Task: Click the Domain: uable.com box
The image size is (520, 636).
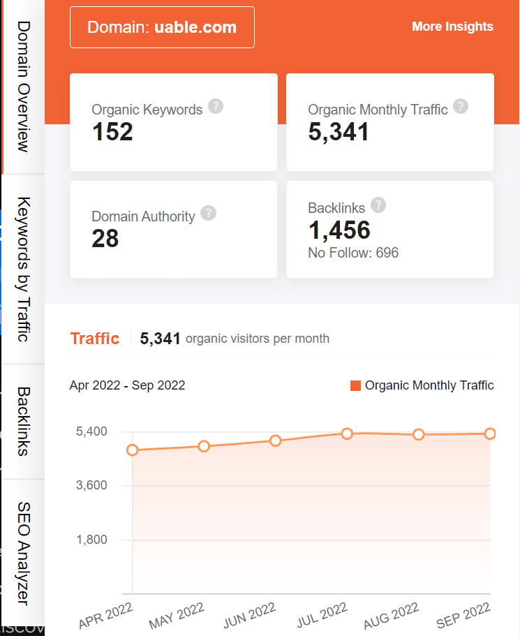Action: pyautogui.click(x=162, y=28)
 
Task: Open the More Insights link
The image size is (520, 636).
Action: pyautogui.click(x=452, y=27)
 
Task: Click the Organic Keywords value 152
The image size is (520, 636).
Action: pyautogui.click(x=112, y=131)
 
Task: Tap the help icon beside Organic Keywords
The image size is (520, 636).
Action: pyautogui.click(x=216, y=107)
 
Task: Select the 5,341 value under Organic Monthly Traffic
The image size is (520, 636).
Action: pyautogui.click(x=339, y=131)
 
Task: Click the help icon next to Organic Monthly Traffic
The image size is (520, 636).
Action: pyautogui.click(x=460, y=107)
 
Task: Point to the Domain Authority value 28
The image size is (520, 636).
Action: pyautogui.click(x=105, y=239)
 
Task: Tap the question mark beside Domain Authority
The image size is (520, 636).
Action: pyautogui.click(x=208, y=214)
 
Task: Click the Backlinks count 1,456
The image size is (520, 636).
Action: pyautogui.click(x=339, y=230)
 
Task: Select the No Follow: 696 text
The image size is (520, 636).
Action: pyautogui.click(x=353, y=253)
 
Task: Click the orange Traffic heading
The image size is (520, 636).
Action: pyautogui.click(x=95, y=339)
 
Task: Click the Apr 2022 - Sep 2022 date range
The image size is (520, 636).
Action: pyautogui.click(x=127, y=385)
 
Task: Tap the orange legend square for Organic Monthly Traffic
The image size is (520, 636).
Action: pyautogui.click(x=355, y=385)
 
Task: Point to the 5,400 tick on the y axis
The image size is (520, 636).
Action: pyautogui.click(x=91, y=431)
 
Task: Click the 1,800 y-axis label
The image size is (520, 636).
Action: pyautogui.click(x=91, y=540)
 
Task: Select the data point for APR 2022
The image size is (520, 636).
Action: pyautogui.click(x=132, y=450)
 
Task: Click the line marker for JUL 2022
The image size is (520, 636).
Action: pyautogui.click(x=347, y=434)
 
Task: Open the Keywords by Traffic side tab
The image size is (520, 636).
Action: pyautogui.click(x=23, y=269)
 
